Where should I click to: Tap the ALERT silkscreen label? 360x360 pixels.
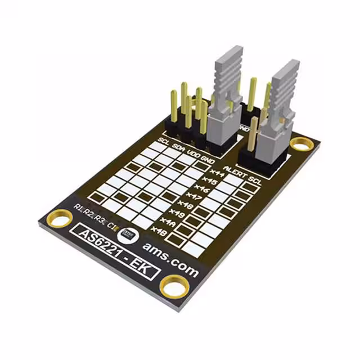tap(235, 172)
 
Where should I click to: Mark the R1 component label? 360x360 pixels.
tap(79, 210)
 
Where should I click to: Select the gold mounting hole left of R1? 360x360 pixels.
tap(58, 218)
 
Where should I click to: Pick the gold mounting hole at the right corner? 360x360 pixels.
tap(303, 146)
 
